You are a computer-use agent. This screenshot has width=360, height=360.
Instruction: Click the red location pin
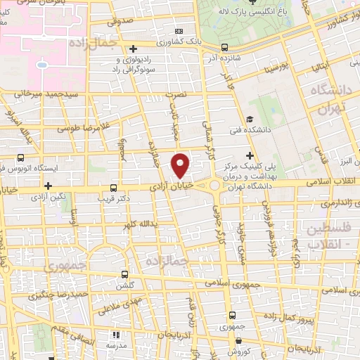pyautogui.click(x=181, y=165)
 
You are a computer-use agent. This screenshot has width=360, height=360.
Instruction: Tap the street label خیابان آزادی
pyautogui.click(x=171, y=186)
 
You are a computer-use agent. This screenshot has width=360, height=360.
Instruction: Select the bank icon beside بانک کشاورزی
pyautogui.click(x=179, y=32)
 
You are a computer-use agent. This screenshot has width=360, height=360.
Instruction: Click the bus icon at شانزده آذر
pyautogui.click(x=224, y=48)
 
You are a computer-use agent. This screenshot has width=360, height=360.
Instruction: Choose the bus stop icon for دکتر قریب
pyautogui.click(x=114, y=188)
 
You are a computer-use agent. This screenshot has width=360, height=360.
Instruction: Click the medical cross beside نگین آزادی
pyautogui.click(x=48, y=186)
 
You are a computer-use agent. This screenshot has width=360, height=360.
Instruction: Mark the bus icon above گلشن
pyautogui.click(x=124, y=275)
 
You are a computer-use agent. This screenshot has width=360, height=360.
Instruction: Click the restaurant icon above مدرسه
pyautogui.click(x=116, y=335)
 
